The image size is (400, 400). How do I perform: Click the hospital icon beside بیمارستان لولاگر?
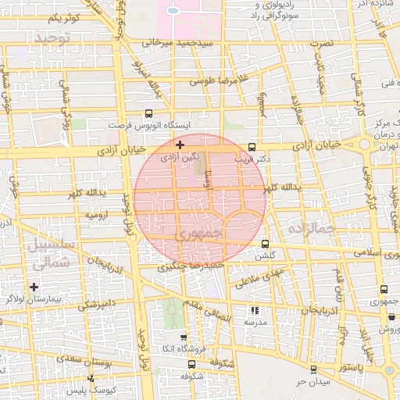pyautogui.click(x=34, y=287)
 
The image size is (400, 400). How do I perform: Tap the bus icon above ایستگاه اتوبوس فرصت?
pyautogui.click(x=149, y=113)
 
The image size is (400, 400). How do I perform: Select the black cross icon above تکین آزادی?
pyautogui.click(x=180, y=145)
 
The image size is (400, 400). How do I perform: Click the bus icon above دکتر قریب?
pyautogui.click(x=252, y=147)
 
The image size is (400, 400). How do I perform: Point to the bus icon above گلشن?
pyautogui.click(x=265, y=244)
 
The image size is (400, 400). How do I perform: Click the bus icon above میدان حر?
pyautogui.click(x=313, y=370)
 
